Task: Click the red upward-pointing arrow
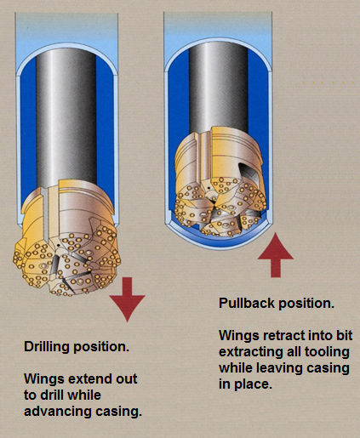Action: point(276,254)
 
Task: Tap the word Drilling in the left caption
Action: point(47,347)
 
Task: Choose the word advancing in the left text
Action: point(58,412)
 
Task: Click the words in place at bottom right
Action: point(245,384)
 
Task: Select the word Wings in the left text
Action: point(42,378)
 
